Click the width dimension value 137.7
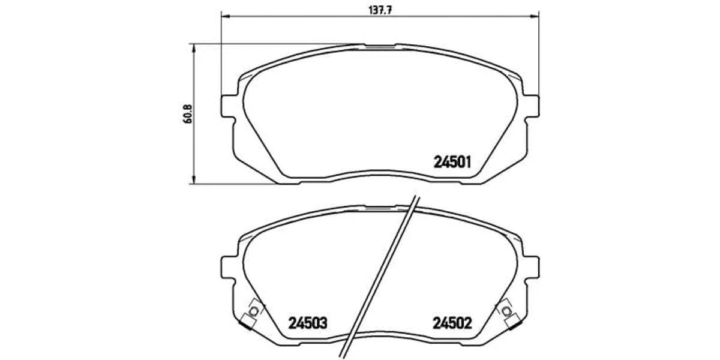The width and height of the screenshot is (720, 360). coord(380,10)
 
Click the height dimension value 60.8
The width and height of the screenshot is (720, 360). coord(187,114)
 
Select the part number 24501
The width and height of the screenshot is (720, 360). coord(452,162)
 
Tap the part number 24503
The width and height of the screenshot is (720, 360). coord(308,323)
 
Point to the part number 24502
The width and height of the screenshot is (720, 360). coord(452,323)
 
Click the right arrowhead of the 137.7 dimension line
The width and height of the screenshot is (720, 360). coord(535,16)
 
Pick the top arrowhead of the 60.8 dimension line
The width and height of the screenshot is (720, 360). coord(193,48)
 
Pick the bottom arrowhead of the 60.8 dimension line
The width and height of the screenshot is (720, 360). coord(193,179)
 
